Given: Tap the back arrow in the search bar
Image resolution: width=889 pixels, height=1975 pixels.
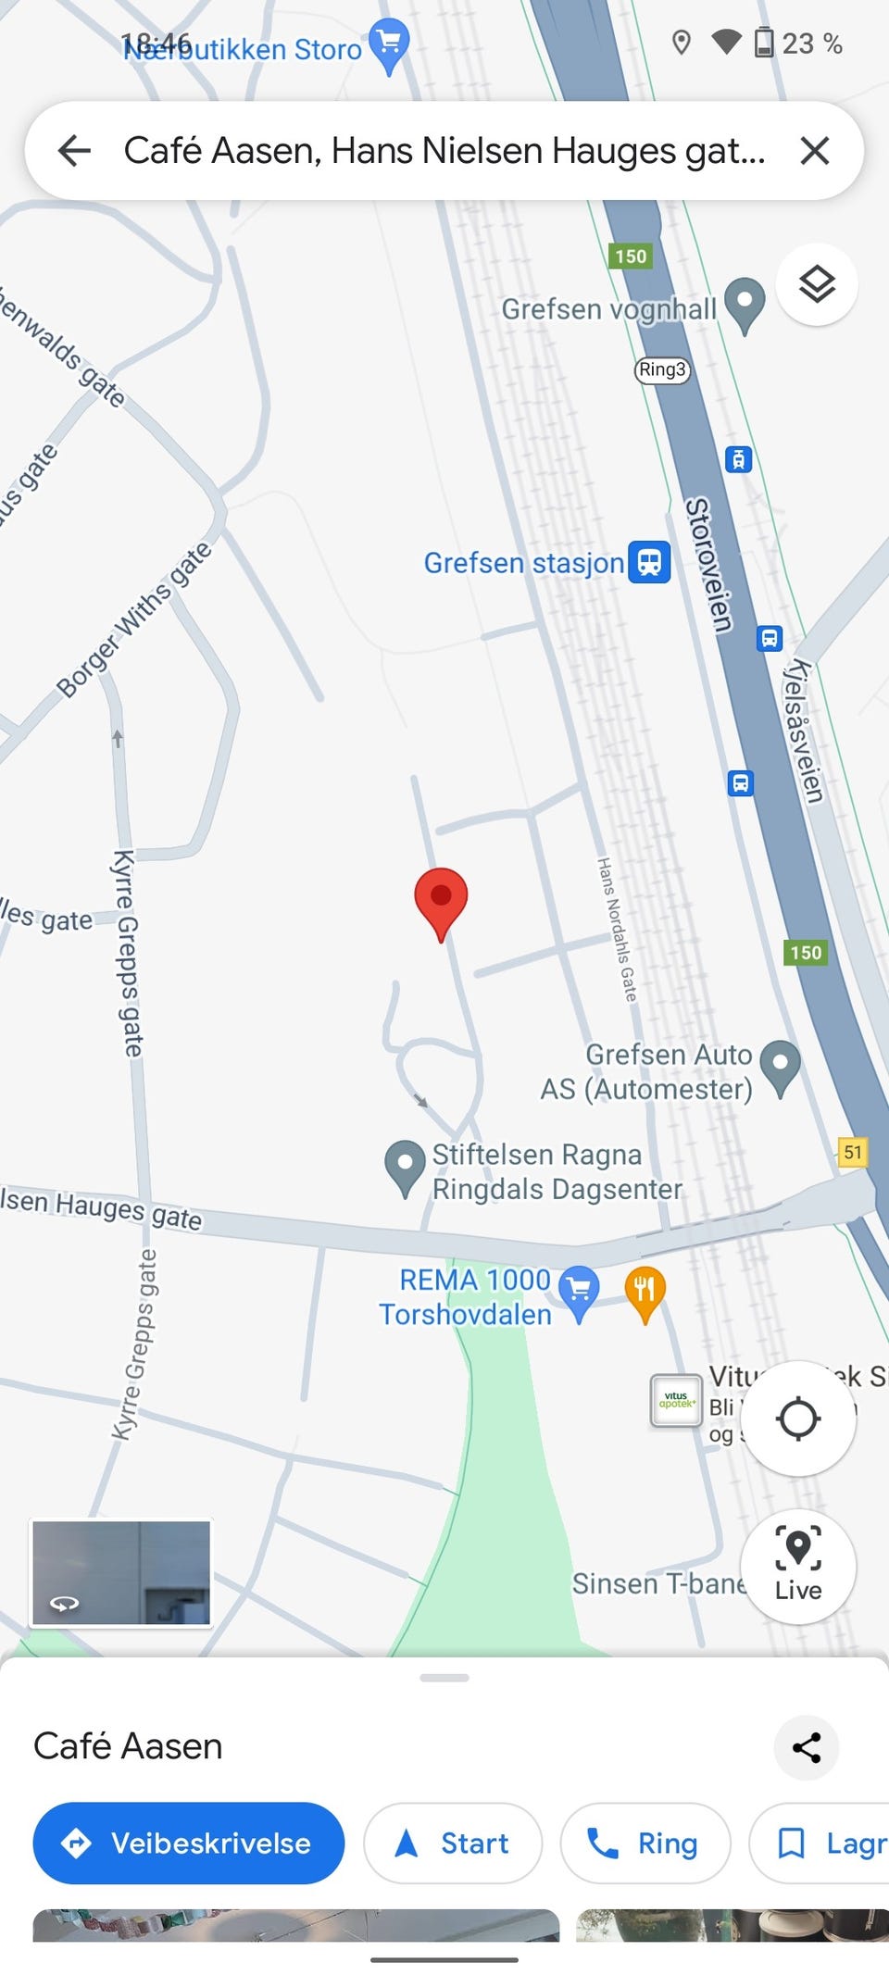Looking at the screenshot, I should coord(74,150).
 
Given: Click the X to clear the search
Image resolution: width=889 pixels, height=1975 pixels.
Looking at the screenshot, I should coord(814,150).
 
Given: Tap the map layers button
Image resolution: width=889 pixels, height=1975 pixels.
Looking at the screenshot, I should coord(817,284).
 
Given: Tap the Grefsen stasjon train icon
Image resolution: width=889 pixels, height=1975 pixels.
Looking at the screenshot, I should coord(649,562).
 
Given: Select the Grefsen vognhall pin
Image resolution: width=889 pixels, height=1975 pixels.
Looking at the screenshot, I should coord(744,303).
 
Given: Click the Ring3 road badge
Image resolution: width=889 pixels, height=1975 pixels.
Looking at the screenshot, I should coord(662,369).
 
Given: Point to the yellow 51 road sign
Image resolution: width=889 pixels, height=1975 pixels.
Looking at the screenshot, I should coord(852,1152).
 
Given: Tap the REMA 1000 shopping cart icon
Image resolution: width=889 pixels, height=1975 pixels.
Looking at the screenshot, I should coord(579,1289).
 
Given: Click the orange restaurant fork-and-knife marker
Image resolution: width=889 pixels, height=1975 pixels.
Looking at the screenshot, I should coord(645,1290).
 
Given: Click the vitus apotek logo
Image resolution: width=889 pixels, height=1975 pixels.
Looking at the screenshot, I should coord(676,1400).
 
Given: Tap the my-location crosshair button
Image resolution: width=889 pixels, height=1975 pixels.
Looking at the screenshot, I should coord(797,1418).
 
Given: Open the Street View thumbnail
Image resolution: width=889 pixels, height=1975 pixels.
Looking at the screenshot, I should coord(121,1572).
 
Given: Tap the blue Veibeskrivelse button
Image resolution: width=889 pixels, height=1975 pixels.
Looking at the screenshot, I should coord(189,1843).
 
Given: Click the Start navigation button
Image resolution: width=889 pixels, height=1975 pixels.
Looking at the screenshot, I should coord(452,1843).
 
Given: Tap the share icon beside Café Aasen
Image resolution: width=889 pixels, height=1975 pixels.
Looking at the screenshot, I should coord(806,1747).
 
